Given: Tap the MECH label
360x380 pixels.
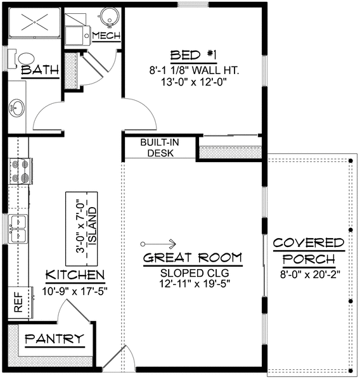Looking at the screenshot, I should [105, 35].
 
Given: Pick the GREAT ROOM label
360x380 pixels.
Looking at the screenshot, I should [192, 258].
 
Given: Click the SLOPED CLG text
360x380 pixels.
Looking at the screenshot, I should [192, 272].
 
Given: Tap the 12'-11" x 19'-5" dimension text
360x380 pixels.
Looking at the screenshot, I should [192, 284].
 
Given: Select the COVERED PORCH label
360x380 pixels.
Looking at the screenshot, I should [309, 251].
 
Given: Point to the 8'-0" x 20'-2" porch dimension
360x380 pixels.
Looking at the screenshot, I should [309, 274].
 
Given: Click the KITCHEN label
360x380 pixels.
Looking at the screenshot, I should [75, 275].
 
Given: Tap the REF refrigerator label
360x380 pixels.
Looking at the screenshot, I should [18, 303].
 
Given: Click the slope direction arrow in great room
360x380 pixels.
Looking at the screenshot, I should [159, 243].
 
